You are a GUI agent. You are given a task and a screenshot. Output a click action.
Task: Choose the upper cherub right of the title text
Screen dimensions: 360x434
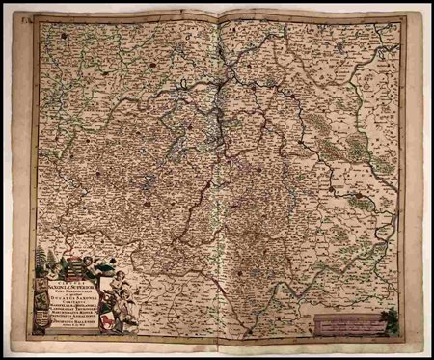coord(118,279)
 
